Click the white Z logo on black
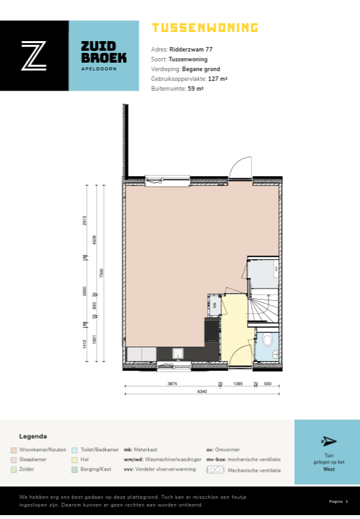[34, 55]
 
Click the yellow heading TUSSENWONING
[205, 27]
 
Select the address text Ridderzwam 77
[191, 49]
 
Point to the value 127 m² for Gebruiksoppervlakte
[218, 78]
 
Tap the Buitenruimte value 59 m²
[196, 88]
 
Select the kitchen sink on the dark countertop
[178, 354]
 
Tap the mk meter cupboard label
[214, 304]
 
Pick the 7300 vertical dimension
[101, 274]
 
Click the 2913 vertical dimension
[85, 221]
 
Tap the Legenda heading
[33, 436]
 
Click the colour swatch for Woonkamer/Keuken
[14, 450]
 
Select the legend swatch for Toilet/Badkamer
[74, 450]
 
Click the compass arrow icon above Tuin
[329, 441]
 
